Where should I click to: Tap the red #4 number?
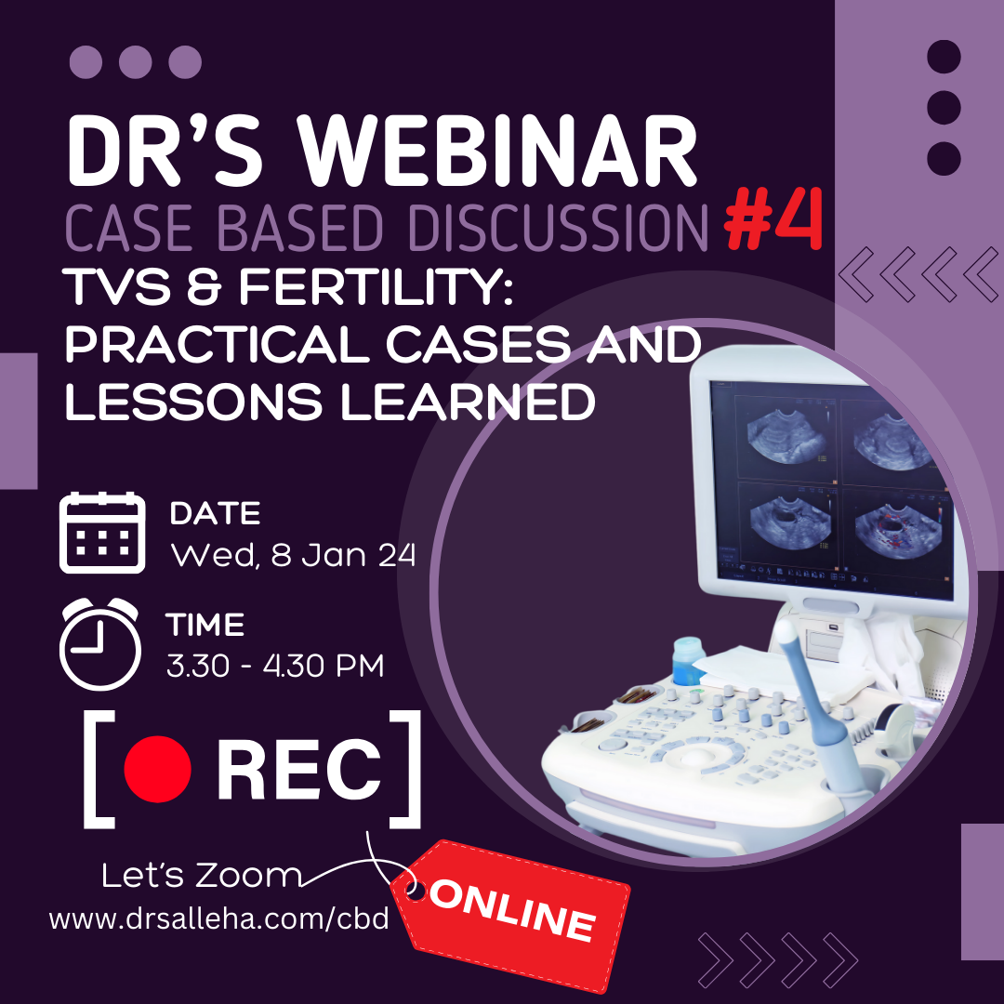[x=773, y=220]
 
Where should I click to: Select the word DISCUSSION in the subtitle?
[x=558, y=228]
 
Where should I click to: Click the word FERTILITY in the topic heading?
[x=376, y=286]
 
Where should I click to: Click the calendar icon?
[x=102, y=532]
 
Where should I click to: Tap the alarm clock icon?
[x=99, y=643]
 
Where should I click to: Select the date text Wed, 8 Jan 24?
[x=293, y=554]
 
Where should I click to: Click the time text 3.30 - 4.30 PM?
[x=275, y=666]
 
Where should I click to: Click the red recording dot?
[x=157, y=769]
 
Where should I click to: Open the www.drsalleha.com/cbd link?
[x=219, y=918]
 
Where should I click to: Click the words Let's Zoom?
[x=201, y=876]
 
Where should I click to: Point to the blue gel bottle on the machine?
[x=688, y=662]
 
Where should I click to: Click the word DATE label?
[x=215, y=513]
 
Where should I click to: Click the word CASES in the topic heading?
[x=478, y=345]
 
